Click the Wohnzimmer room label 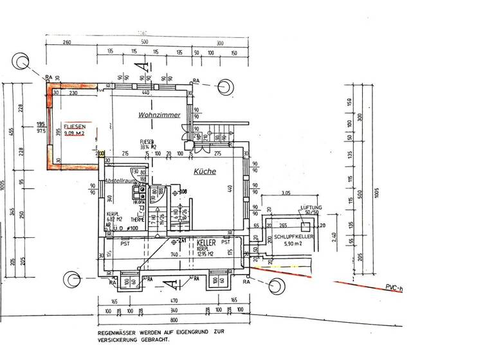pos(158,115)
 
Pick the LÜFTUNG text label pos(311,208)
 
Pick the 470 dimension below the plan pos(172,300)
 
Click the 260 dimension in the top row pos(67,43)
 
